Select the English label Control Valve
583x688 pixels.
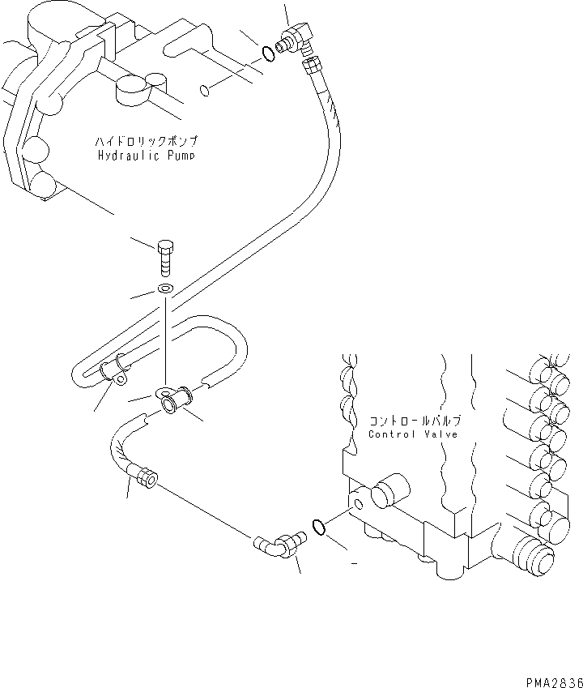[x=414, y=434]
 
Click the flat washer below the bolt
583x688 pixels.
[x=165, y=289]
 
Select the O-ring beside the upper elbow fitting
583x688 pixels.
[x=267, y=54]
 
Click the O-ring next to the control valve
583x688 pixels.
[x=319, y=528]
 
